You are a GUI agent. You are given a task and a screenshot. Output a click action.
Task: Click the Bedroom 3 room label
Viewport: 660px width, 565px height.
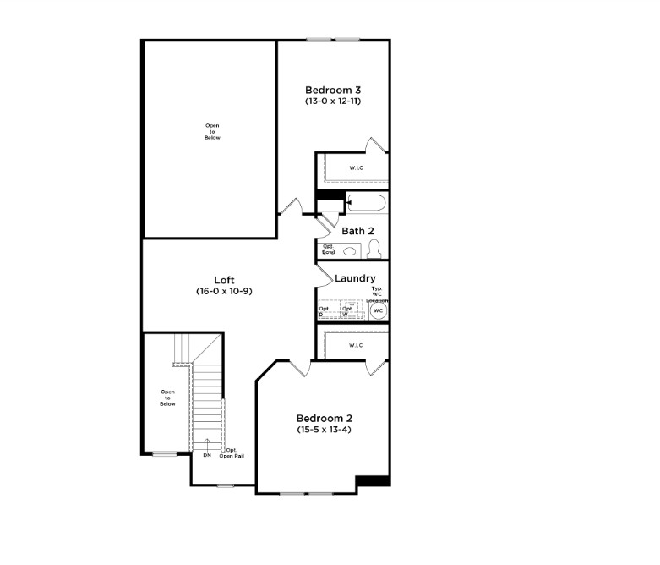click(x=334, y=90)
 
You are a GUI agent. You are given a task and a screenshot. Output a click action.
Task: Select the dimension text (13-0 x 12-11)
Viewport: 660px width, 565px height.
click(x=334, y=101)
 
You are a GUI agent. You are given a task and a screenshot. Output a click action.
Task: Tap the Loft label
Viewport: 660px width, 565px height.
click(x=224, y=280)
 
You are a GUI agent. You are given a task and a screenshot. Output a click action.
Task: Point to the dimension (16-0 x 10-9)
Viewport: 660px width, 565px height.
click(x=224, y=291)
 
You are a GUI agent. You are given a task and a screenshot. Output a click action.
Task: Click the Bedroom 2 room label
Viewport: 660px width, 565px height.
click(x=324, y=418)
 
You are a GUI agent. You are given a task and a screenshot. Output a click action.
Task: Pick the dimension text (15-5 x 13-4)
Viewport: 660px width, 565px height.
click(x=324, y=430)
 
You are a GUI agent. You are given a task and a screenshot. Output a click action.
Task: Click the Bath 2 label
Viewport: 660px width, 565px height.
click(x=357, y=230)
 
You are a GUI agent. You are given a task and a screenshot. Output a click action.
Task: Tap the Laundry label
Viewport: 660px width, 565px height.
click(x=355, y=278)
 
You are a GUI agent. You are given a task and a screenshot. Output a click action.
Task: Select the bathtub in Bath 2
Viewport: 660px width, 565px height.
click(x=366, y=203)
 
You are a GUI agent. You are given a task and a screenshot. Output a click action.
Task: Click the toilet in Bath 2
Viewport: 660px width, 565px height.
click(x=374, y=249)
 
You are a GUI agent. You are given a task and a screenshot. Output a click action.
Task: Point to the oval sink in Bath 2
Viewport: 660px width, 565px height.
click(x=349, y=251)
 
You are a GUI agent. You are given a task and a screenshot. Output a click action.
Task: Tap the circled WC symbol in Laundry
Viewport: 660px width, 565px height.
click(x=379, y=310)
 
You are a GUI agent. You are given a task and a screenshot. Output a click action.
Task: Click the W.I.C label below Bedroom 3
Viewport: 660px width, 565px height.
click(x=356, y=167)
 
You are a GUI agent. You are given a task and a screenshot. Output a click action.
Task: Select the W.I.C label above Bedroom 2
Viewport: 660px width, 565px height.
click(x=356, y=345)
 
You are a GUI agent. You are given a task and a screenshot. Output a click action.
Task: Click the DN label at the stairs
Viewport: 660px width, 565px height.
click(x=207, y=455)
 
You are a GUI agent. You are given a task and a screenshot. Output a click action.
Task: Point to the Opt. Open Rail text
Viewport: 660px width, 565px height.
click(x=232, y=453)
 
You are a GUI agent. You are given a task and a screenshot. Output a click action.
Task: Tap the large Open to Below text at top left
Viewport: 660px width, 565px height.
click(x=212, y=131)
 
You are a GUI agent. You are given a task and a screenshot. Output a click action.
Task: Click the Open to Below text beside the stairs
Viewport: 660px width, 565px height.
click(x=167, y=398)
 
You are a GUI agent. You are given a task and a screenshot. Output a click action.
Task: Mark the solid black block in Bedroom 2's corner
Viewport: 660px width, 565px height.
click(x=373, y=481)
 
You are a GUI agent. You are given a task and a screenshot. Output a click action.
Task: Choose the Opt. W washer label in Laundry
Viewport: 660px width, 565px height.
click(x=346, y=312)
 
